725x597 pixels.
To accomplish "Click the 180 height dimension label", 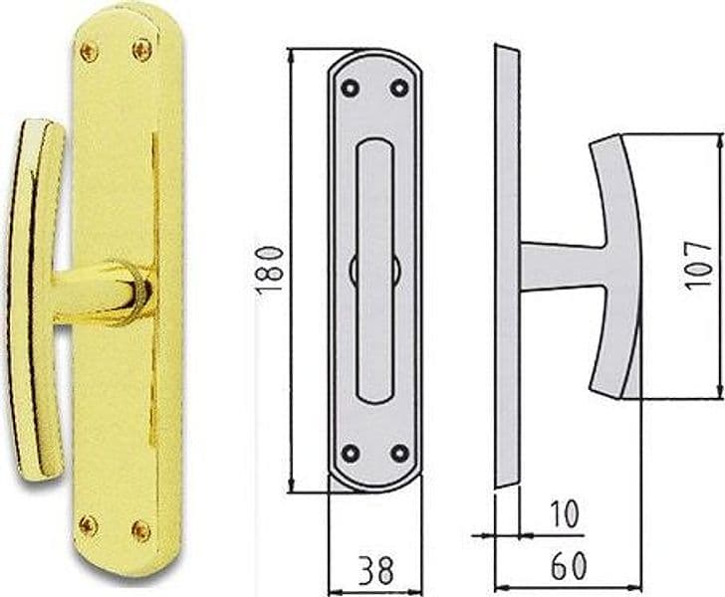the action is (269, 271).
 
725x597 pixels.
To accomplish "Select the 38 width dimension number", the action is (376, 570).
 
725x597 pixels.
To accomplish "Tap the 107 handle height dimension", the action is (698, 266).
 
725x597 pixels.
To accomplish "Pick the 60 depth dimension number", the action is (569, 565).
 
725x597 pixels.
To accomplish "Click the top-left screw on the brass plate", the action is (90, 52).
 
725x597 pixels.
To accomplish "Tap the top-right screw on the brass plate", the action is (142, 50).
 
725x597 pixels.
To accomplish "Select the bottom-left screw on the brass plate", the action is (88, 525).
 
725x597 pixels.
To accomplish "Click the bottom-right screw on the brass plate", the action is (141, 531).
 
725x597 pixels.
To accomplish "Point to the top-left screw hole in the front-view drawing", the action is (350, 88).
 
